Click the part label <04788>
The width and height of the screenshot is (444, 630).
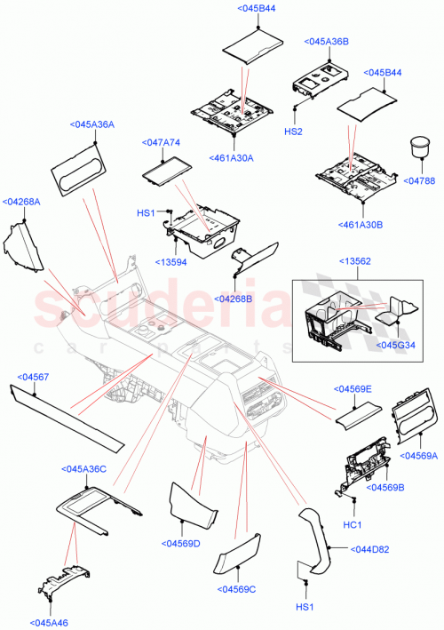coord(420,181)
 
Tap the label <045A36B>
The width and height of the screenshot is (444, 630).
coord(326,42)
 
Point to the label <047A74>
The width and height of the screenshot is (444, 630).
coord(161,142)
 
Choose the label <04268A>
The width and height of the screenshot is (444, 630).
coord(22,202)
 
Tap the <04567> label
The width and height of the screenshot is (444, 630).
coord(34,378)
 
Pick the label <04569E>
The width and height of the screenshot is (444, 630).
coord(353,389)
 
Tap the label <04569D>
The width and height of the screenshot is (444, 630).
coord(180,544)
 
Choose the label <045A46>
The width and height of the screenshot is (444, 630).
coord(51,622)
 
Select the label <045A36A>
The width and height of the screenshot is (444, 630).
coord(92,125)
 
